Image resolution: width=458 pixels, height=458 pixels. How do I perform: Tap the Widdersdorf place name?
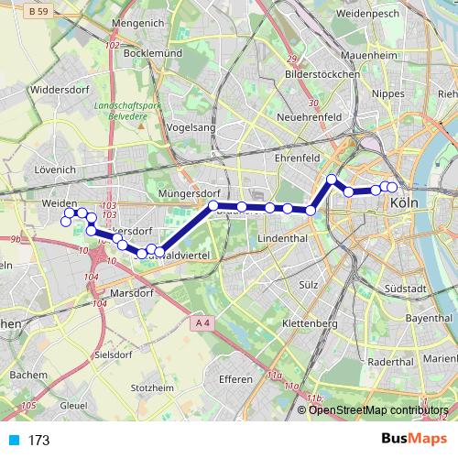click(58, 91)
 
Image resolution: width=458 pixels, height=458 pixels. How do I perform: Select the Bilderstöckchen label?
click(319, 71)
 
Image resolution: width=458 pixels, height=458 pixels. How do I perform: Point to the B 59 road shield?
click(38, 13)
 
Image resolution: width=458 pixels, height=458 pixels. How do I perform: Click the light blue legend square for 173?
click(13, 441)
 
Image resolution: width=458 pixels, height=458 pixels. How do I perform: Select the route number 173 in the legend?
click(38, 441)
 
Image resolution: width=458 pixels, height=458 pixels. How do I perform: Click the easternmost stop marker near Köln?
click(392, 188)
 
